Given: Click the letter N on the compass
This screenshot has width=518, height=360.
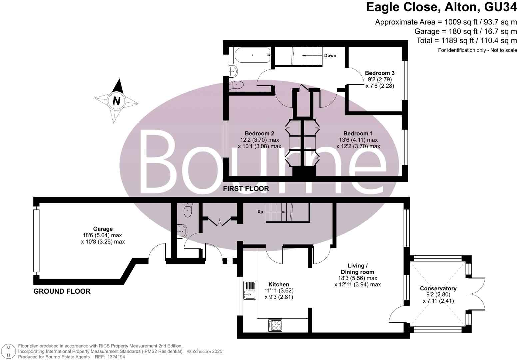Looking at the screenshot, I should pyautogui.click(x=116, y=101).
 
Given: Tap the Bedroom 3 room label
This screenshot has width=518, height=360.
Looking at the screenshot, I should pyautogui.click(x=380, y=73).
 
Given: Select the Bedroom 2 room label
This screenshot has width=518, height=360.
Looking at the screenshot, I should pyautogui.click(x=259, y=134).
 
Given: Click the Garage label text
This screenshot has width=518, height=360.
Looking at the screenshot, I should pyautogui.click(x=103, y=229).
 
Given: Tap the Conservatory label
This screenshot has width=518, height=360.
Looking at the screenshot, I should pyautogui.click(x=438, y=288).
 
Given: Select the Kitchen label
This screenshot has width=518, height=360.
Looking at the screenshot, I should pyautogui.click(x=279, y=284).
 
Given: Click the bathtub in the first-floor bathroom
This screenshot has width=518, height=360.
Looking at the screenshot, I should pyautogui.click(x=252, y=55).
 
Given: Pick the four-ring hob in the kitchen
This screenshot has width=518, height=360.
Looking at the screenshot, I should pyautogui.click(x=275, y=325).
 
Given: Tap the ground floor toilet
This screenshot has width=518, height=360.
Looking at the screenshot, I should pyautogui.click(x=188, y=210).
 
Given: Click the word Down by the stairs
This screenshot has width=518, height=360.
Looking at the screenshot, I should pyautogui.click(x=330, y=56).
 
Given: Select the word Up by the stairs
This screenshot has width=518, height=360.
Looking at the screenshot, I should pyautogui.click(x=260, y=212).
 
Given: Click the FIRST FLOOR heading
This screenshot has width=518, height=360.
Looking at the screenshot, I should pyautogui.click(x=246, y=189).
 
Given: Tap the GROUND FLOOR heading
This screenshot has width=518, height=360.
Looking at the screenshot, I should pyautogui.click(x=62, y=291).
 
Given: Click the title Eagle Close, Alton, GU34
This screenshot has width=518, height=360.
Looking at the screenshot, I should pyautogui.click(x=441, y=7).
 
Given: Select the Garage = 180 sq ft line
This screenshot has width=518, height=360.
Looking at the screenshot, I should pyautogui.click(x=465, y=31).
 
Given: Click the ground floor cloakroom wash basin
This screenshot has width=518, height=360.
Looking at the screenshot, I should pyautogui.click(x=182, y=231).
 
